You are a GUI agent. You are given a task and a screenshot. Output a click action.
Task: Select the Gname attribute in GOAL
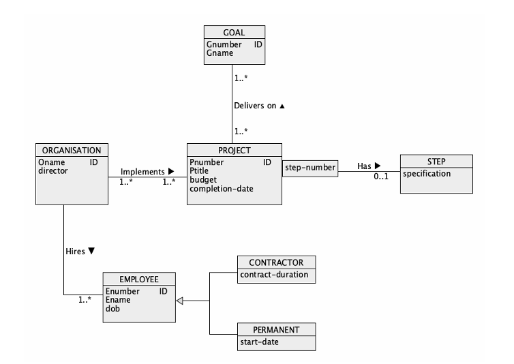click(219, 52)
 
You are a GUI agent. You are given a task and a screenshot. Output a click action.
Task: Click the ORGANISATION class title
click(72, 150)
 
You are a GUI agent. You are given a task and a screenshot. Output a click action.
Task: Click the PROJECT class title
click(235, 150)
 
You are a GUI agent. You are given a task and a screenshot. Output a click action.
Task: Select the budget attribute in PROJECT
click(203, 179)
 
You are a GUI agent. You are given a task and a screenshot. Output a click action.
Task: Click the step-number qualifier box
click(310, 166)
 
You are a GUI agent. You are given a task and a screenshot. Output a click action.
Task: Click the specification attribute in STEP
click(427, 174)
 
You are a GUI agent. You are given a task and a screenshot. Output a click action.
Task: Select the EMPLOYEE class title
click(139, 279)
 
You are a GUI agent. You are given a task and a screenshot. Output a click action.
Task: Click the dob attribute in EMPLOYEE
click(112, 308)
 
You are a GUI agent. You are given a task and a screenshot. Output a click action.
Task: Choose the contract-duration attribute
click(273, 275)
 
